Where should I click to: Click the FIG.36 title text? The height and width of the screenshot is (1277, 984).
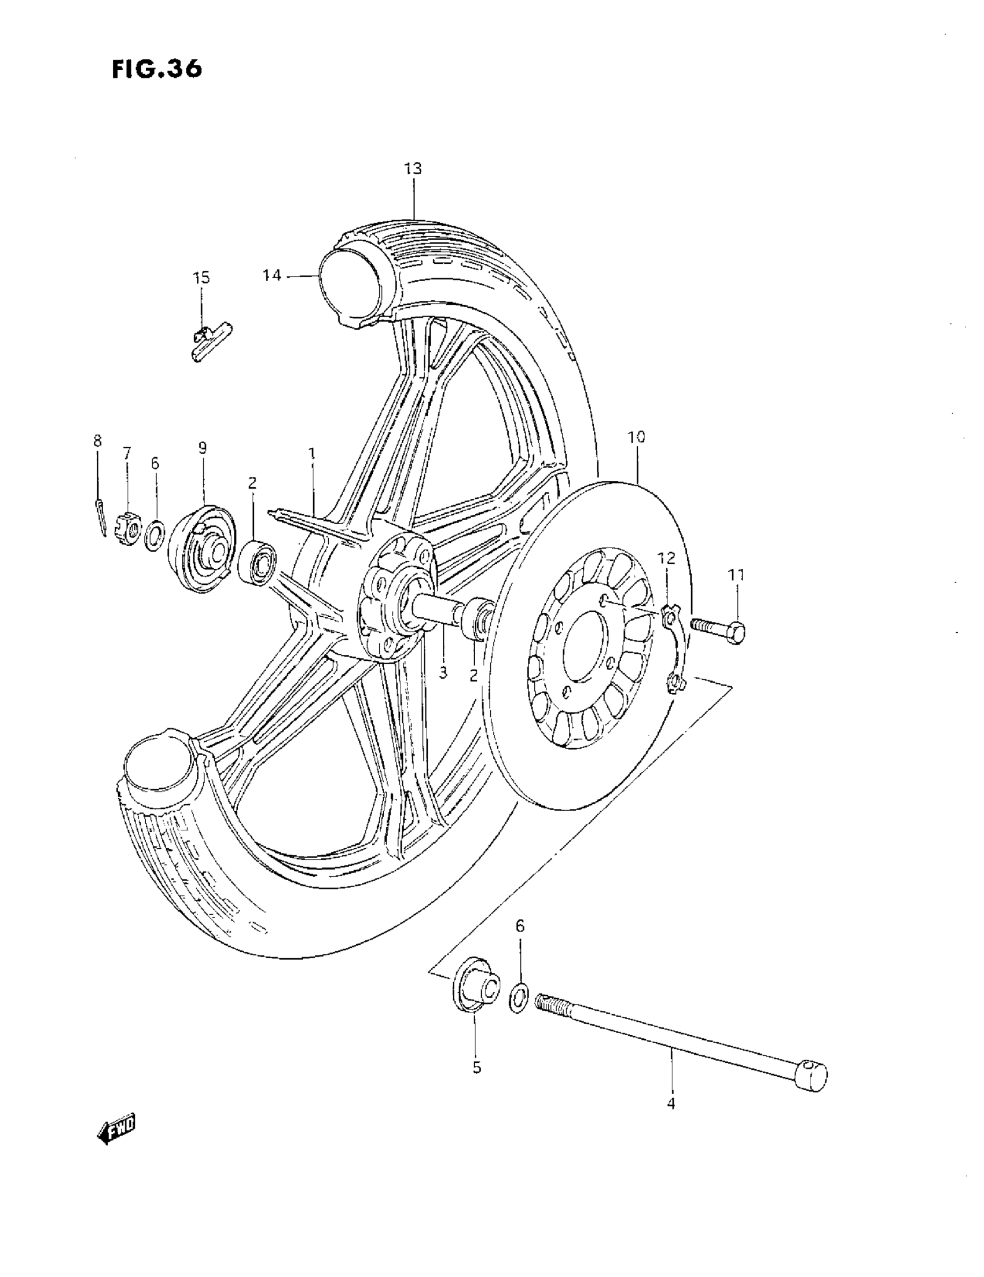[x=157, y=69]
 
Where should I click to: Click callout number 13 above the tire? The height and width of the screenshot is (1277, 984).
[x=413, y=169]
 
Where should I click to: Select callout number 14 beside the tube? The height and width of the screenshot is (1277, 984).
[x=273, y=275]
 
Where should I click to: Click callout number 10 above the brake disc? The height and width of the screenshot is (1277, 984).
[x=636, y=437]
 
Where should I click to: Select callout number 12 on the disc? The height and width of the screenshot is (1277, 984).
[x=666, y=558]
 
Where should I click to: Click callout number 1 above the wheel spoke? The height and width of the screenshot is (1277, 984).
[x=312, y=453]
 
